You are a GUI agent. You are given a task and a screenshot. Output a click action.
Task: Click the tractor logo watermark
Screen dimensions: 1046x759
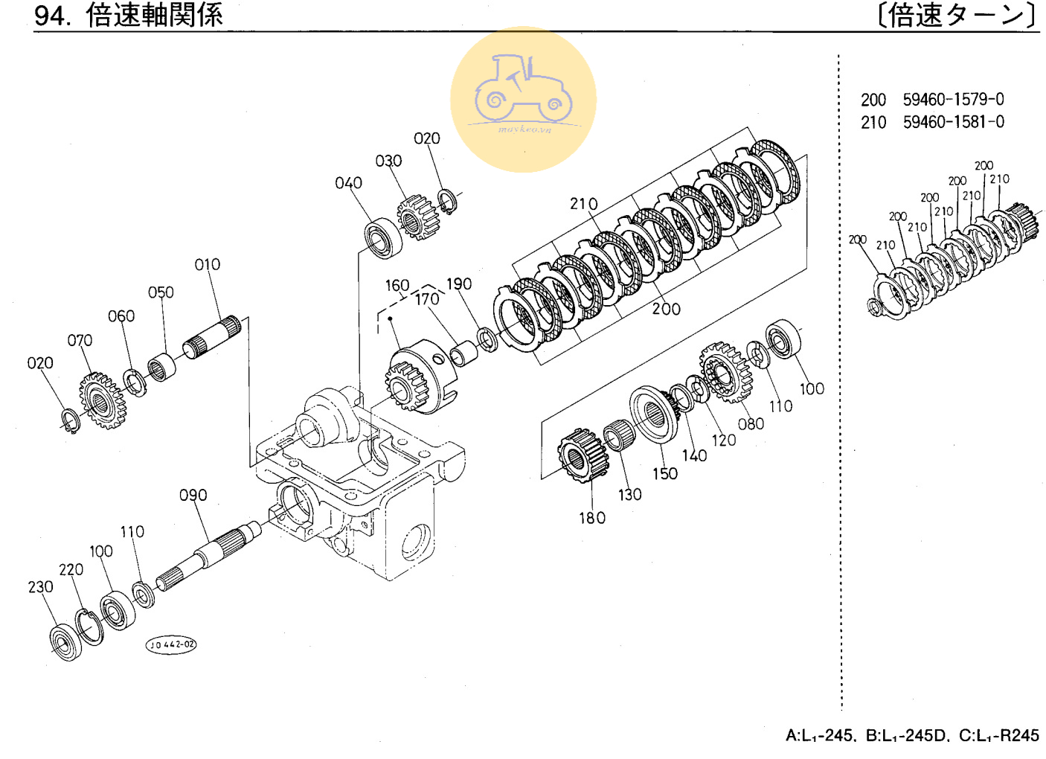coord(524,100)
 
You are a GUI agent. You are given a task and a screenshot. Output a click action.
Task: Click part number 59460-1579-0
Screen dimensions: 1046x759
coord(953,100)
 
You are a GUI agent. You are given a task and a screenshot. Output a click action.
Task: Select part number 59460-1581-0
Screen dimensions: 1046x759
coord(954,122)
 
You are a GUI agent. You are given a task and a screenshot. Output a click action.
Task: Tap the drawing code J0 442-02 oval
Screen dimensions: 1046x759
coord(171,644)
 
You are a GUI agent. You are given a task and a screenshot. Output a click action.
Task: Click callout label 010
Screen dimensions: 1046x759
coord(208,265)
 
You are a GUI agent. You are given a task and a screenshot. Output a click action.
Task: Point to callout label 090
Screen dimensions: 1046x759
coord(193,495)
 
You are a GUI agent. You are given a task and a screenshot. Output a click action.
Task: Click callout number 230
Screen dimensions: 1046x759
coord(41,587)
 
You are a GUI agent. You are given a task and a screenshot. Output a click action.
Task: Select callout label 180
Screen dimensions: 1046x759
coord(592,518)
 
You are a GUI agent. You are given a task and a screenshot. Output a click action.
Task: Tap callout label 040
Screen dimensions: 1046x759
coord(348,182)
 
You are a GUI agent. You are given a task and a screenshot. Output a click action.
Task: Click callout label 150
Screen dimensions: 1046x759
coord(665,474)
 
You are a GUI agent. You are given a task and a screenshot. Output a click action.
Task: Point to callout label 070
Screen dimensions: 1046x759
coord(80,341)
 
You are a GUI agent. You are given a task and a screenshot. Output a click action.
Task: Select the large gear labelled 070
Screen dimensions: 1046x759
coord(103,400)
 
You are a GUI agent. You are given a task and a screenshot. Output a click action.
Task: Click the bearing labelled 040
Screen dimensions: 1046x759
coord(383,237)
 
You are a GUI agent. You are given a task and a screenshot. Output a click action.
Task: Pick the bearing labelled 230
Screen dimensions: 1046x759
coord(66,641)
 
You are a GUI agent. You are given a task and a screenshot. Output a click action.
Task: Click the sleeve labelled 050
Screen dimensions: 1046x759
coord(161,367)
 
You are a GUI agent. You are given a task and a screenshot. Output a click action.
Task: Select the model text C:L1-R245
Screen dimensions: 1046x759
coord(999,736)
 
